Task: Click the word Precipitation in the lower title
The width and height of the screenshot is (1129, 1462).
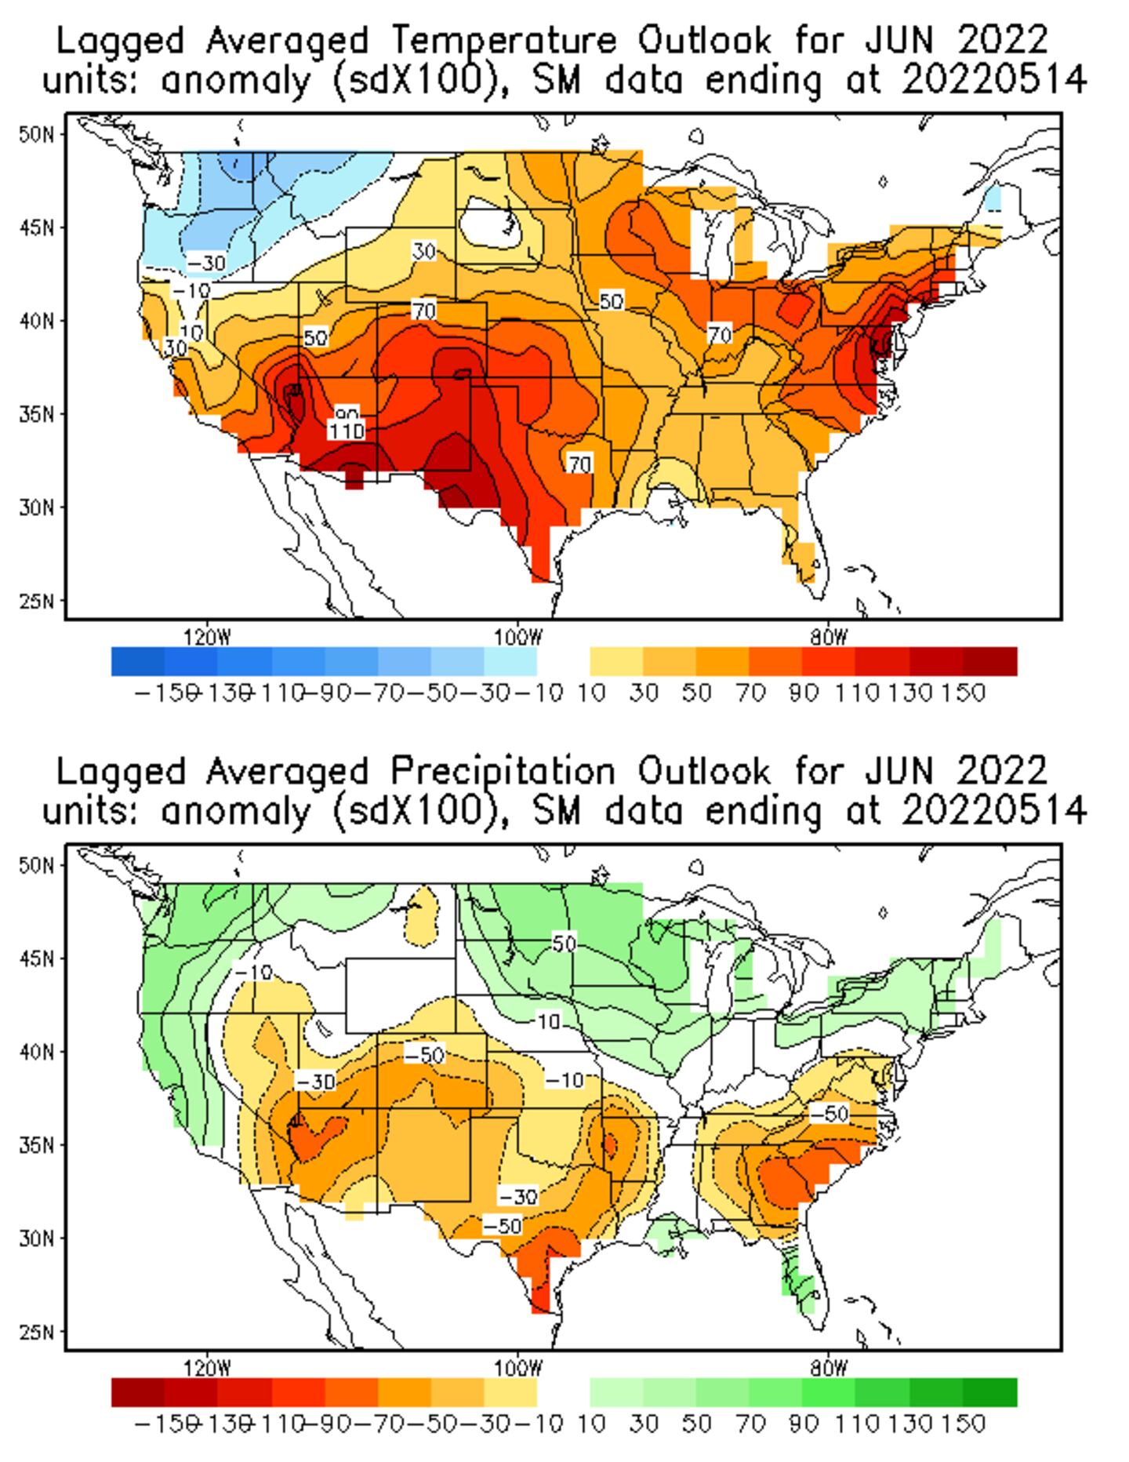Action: click(503, 772)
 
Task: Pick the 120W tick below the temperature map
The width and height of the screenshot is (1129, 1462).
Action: click(208, 637)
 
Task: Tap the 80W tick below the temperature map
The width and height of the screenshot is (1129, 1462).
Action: click(829, 637)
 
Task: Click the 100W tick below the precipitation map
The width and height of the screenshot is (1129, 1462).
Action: click(518, 1369)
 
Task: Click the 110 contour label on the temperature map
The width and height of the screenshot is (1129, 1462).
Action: click(346, 431)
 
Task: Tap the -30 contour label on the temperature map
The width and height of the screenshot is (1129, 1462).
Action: click(206, 263)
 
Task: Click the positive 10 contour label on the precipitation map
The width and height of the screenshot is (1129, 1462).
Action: click(549, 1021)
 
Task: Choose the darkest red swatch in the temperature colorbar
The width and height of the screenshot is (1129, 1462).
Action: click(990, 661)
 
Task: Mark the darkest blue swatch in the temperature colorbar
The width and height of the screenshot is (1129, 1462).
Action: click(138, 661)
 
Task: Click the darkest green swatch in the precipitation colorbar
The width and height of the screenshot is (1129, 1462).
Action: click(990, 1392)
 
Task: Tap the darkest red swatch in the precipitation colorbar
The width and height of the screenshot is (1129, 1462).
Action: click(138, 1392)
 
